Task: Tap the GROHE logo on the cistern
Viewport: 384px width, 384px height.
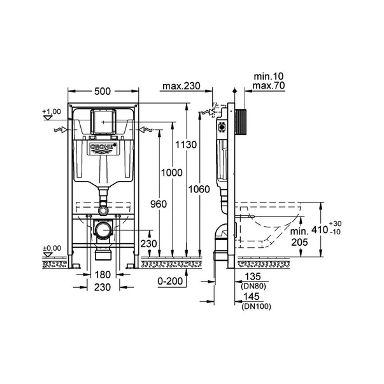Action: pyautogui.click(x=103, y=148)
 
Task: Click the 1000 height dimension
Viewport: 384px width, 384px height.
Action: pyautogui.click(x=172, y=173)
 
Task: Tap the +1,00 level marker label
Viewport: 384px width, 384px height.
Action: pyautogui.click(x=52, y=112)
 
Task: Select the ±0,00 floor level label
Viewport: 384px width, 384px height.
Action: pyautogui.click(x=52, y=248)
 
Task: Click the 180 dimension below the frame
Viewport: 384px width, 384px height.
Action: pyautogui.click(x=103, y=275)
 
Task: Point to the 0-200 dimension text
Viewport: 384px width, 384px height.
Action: pyautogui.click(x=171, y=280)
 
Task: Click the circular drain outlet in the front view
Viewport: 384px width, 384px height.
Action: pyautogui.click(x=103, y=231)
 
